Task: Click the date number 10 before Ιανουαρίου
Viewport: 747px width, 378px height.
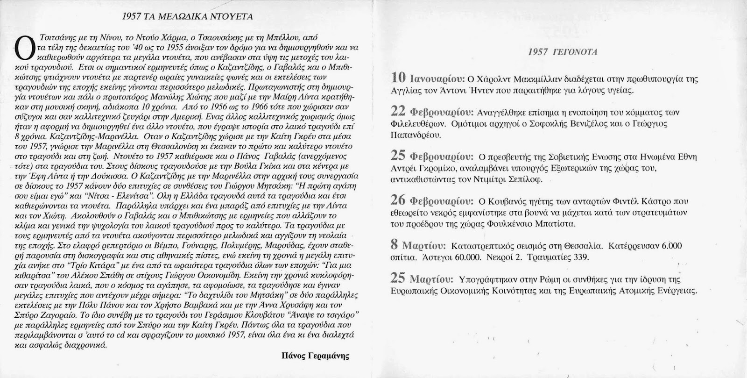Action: tap(397, 78)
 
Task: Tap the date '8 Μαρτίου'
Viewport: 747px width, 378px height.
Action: tap(417, 246)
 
